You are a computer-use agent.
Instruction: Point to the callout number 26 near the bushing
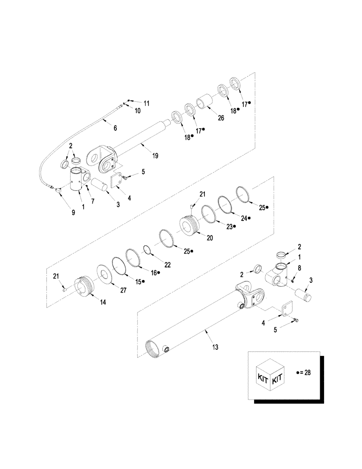(x=221, y=118)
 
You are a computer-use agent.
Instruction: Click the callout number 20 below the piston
(x=210, y=238)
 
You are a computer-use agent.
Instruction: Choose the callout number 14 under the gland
(x=102, y=302)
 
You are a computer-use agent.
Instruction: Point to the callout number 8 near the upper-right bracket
(x=300, y=268)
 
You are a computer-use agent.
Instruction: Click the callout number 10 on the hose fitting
(x=138, y=111)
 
